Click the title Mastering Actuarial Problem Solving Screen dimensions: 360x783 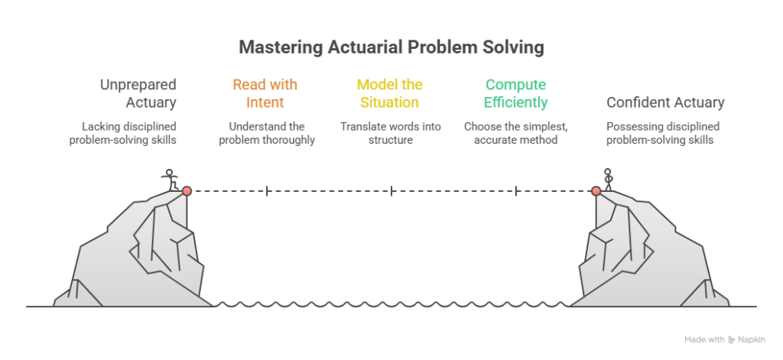pos(391,47)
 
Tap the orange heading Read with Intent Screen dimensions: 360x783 pos(265,92)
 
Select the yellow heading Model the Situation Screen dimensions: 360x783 pos(390,92)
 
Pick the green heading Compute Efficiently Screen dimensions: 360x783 pos(517,92)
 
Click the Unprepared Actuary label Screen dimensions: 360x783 pos(138,92)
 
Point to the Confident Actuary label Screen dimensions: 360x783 pos(665,102)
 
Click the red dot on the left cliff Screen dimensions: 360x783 pos(187,190)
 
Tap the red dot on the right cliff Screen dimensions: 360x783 pos(596,190)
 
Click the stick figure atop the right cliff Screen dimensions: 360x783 pos(609,179)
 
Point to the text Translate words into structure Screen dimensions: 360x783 pos(390,133)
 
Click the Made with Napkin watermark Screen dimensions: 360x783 pos(724,338)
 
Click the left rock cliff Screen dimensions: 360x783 pos(145,252)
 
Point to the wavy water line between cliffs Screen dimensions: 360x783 pos(391,305)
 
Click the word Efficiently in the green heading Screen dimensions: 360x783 pos(517,102)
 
